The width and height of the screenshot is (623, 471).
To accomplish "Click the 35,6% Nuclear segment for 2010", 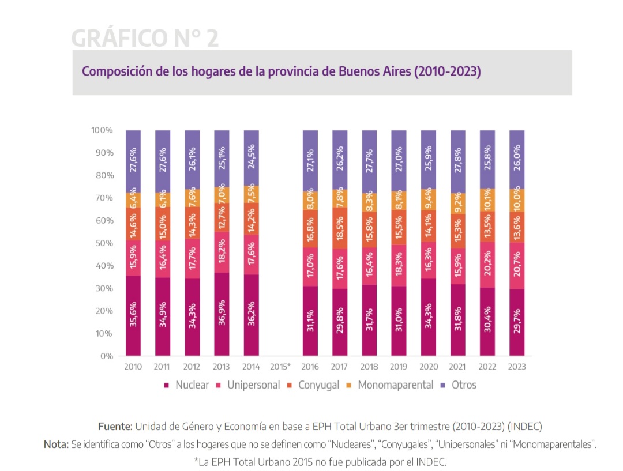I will (x=133, y=315).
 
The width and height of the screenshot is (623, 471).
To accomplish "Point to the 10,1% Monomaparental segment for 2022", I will (x=487, y=199).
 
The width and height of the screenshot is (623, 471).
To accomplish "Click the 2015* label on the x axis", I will (x=280, y=367).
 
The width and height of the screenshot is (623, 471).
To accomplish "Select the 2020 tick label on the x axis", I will (x=429, y=367).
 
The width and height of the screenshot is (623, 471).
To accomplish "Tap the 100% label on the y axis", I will (x=102, y=130).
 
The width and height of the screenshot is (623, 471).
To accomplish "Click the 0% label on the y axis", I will (x=107, y=356).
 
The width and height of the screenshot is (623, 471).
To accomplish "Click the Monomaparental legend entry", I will (x=395, y=385).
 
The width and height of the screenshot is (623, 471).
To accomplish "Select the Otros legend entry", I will (x=464, y=385).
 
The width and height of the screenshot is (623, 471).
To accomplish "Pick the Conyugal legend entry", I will (x=318, y=385).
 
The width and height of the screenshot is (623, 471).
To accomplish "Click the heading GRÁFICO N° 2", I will (x=145, y=38).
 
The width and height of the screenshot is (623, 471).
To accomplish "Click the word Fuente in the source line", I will (x=115, y=427).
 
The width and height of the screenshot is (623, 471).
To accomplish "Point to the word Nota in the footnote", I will (x=55, y=444).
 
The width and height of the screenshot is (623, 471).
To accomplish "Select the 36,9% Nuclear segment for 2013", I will (x=222, y=314).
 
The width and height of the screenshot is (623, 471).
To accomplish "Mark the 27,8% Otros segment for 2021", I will (x=458, y=161).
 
